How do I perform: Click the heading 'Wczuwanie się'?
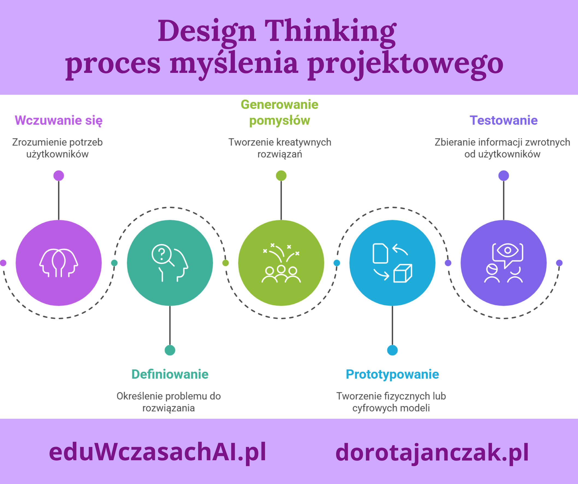coord(58,120)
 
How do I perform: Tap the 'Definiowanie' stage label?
coord(170,374)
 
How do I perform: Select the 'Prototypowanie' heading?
coord(392,374)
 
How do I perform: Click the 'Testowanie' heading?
coord(503,120)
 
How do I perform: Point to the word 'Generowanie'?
coord(279,105)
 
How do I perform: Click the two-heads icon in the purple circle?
coord(58,263)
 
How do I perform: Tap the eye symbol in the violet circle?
coord(507,250)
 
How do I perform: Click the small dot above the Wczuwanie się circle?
coord(59,176)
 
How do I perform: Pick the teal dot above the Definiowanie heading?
coord(170,350)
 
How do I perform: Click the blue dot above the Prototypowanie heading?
coord(392,350)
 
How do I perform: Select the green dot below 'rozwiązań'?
coord(281,176)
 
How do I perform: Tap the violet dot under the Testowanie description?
coord(503,176)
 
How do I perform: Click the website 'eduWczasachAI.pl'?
coord(157,452)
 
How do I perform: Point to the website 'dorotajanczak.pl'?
coord(432,452)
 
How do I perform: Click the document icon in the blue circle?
coord(380,253)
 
